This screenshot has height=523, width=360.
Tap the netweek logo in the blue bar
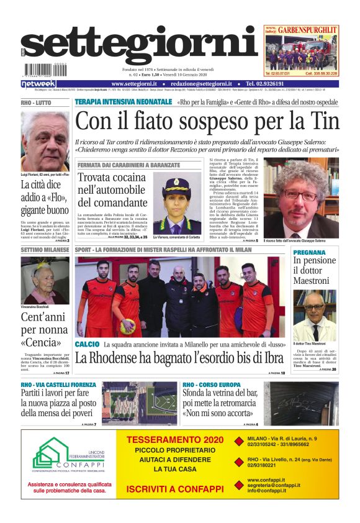click(38, 84)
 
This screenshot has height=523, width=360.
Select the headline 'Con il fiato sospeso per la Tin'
click(207, 121)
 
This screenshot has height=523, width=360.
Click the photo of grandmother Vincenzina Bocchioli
click(45, 281)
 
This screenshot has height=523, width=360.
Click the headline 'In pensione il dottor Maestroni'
click(315, 271)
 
